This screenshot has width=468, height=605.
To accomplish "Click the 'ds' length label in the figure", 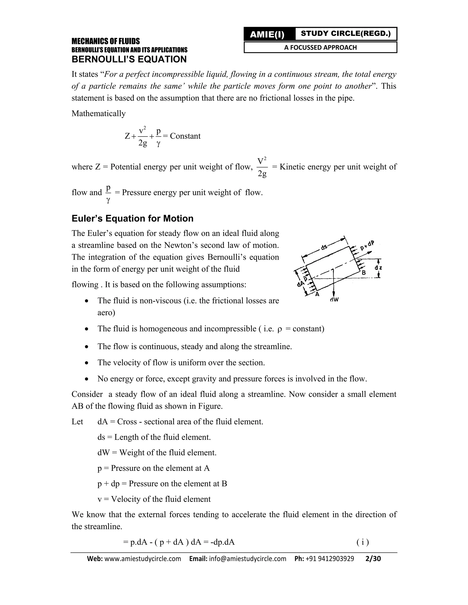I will [x=324, y=247].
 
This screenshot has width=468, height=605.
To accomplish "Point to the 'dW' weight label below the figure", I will [x=335, y=300].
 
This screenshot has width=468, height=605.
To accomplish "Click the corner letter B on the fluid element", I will [x=364, y=273].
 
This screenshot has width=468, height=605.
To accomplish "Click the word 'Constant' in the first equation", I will [x=185, y=136].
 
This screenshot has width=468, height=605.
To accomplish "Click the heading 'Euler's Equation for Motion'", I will [x=133, y=218].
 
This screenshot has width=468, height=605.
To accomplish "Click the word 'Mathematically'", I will [x=98, y=113].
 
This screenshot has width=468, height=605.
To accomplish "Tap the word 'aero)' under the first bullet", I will [x=106, y=313].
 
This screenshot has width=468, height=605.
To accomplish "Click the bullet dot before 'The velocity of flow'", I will [x=87, y=363].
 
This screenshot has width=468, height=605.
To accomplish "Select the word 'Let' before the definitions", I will [x=77, y=421].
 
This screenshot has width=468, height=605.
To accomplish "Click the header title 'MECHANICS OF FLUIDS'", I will [x=106, y=41].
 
